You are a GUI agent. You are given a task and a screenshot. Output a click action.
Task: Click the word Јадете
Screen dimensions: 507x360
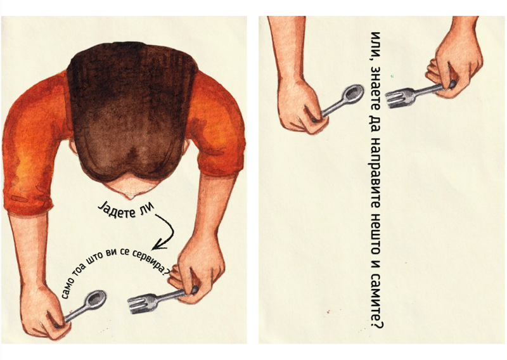pyautogui.click(x=117, y=210)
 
